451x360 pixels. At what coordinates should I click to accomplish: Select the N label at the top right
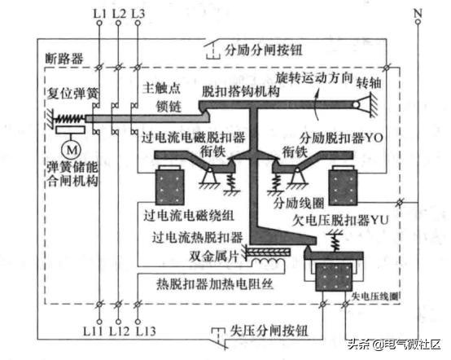click(418, 13)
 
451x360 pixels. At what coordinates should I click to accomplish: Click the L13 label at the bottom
click(145, 331)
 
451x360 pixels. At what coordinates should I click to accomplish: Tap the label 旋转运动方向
click(314, 77)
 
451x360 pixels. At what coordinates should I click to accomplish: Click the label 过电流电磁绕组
click(190, 216)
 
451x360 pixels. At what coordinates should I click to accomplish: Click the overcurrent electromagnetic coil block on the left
click(172, 185)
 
